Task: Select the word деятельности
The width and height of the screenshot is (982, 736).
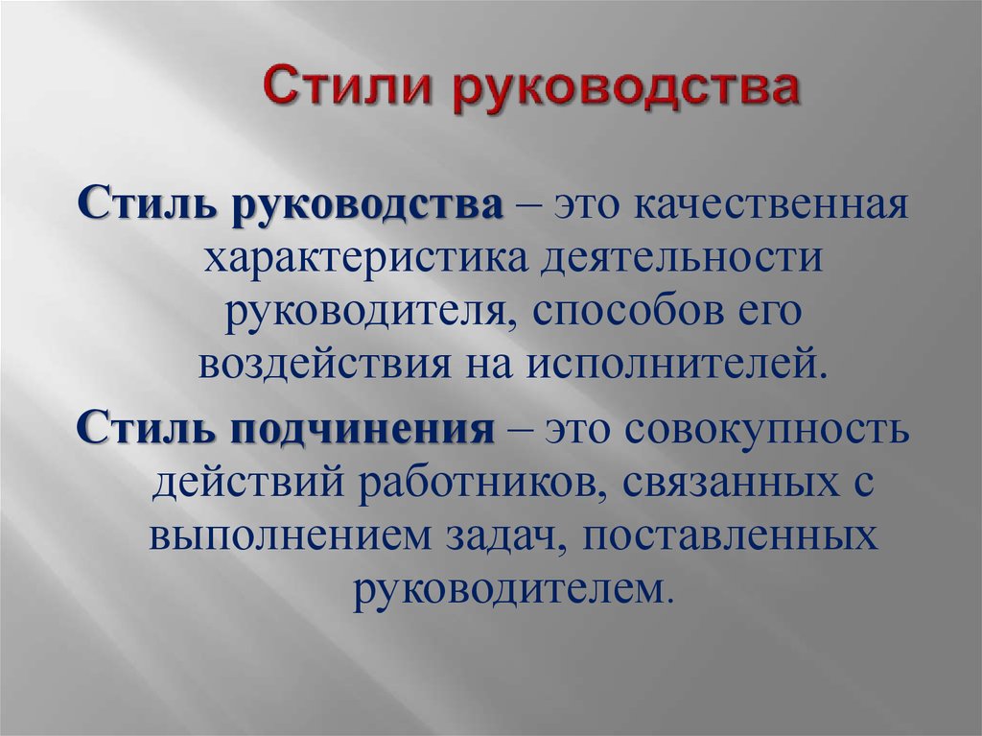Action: click(681, 258)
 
